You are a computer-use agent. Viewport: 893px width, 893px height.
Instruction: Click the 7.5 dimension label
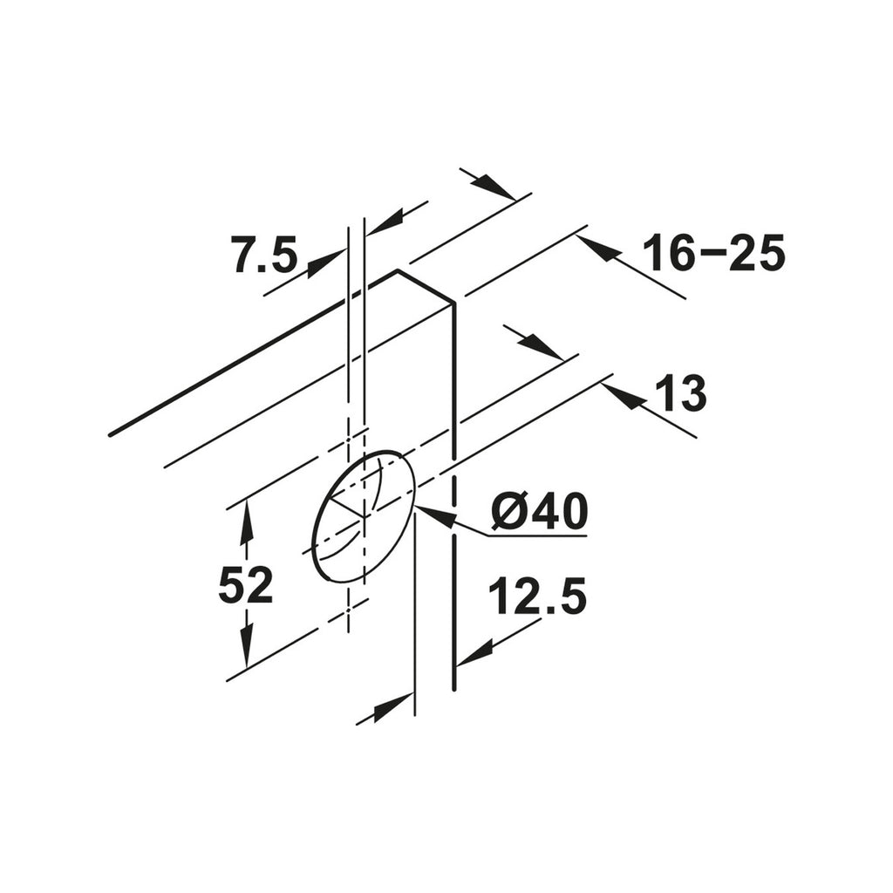(264, 255)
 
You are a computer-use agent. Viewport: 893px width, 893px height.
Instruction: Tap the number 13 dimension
(683, 394)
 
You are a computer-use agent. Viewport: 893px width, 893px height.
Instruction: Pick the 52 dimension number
(245, 585)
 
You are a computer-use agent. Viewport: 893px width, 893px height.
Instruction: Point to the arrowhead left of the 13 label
(625, 398)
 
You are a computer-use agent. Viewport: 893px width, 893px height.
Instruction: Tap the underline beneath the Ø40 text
(535, 535)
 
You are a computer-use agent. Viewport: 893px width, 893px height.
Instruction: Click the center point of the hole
(363, 515)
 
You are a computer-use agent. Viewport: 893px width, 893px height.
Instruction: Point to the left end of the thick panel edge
(110, 433)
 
